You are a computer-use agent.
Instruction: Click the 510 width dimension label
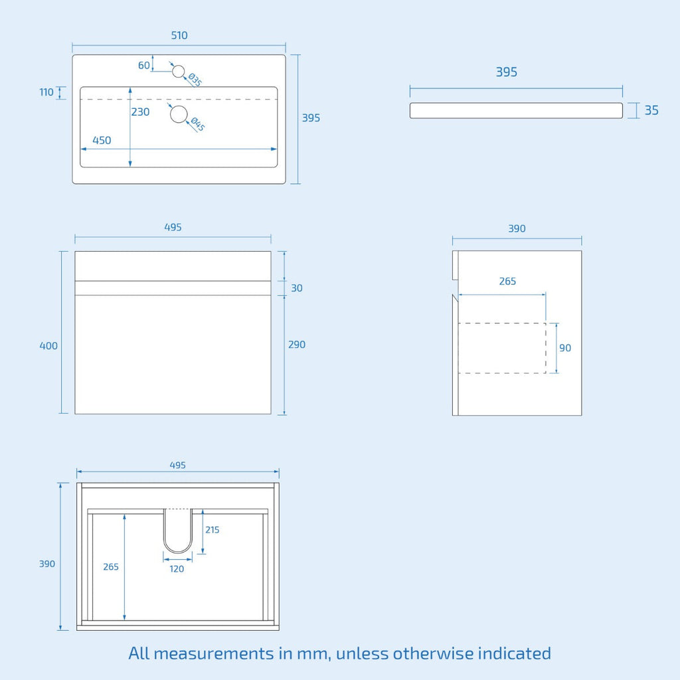pyautogui.click(x=179, y=35)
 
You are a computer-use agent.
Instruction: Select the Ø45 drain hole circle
pyautogui.click(x=179, y=114)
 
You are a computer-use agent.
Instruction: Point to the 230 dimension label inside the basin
pyautogui.click(x=141, y=112)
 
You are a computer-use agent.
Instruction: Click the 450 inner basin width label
pyautogui.click(x=102, y=140)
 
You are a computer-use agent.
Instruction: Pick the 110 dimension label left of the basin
pyautogui.click(x=46, y=92)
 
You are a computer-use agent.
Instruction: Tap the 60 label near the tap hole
pyautogui.click(x=144, y=65)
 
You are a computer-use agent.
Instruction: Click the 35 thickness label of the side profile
pyautogui.click(x=651, y=110)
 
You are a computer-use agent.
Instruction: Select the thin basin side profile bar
pyautogui.click(x=516, y=111)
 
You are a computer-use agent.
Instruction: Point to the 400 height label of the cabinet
pyautogui.click(x=48, y=345)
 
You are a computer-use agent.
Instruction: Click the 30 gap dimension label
pyautogui.click(x=297, y=288)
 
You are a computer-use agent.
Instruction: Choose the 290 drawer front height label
pyautogui.click(x=297, y=345)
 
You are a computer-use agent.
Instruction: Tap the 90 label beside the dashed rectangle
pyautogui.click(x=565, y=348)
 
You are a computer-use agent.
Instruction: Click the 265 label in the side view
pyautogui.click(x=507, y=281)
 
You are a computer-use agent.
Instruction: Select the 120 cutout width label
pyautogui.click(x=177, y=569)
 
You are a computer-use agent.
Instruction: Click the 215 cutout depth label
pyautogui.click(x=212, y=529)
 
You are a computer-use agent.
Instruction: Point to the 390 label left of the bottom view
pyautogui.click(x=47, y=564)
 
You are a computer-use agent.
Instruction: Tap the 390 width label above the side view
pyautogui.click(x=517, y=228)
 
